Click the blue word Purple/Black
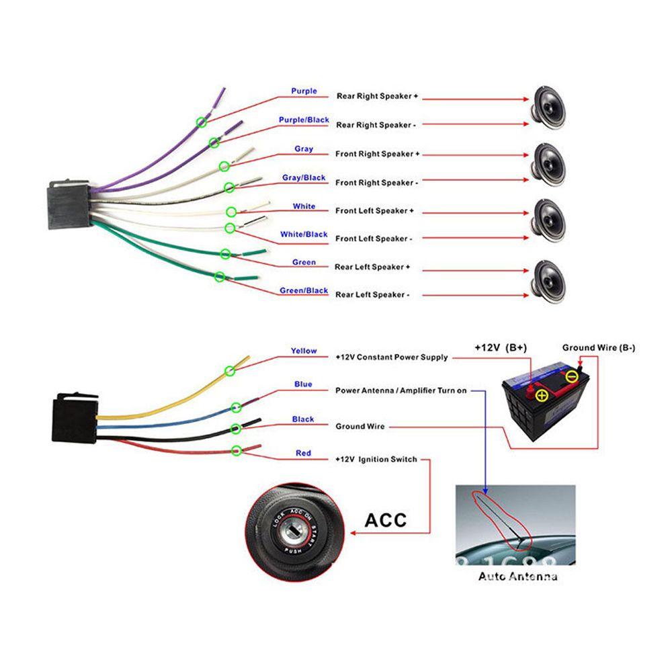304,120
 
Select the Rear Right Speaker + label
377,97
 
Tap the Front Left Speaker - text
373,239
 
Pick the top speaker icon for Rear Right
549,106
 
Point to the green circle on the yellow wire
230,370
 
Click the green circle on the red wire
237,450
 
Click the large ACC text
386,520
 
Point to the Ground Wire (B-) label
598,347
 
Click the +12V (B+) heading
501,348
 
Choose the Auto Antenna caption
517,577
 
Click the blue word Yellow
304,351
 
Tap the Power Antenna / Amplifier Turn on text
401,390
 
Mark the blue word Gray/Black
304,178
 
